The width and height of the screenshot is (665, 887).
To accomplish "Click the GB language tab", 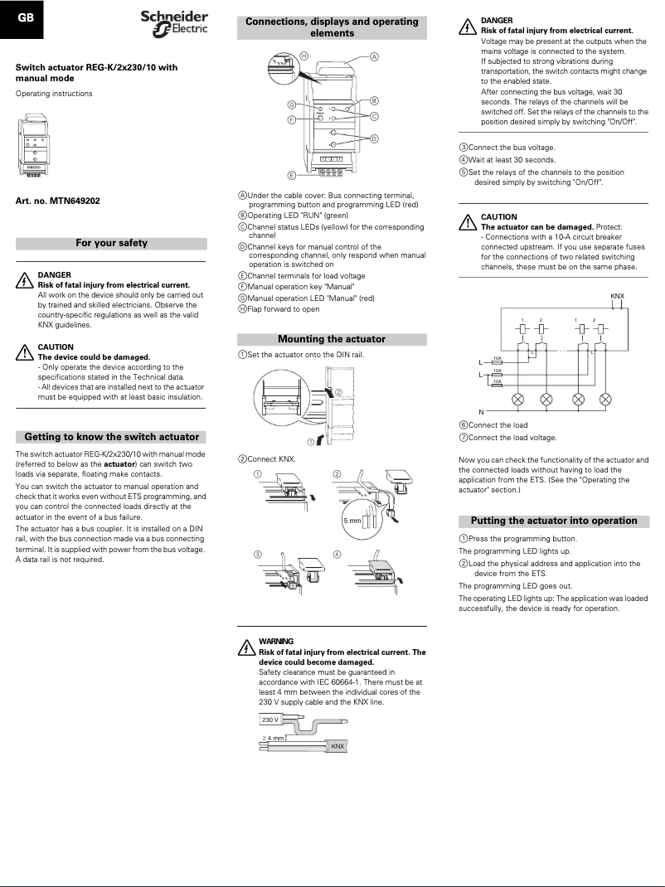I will [26, 18].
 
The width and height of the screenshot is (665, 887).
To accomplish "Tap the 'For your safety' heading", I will [111, 244].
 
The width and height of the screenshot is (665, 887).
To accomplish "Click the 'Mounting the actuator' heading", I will [332, 339].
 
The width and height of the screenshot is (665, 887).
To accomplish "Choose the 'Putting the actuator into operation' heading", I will [554, 521].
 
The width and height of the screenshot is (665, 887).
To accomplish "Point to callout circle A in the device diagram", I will [374, 57].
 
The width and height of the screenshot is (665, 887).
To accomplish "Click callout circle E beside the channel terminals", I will [292, 176].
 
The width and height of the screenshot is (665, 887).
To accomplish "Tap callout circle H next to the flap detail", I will [304, 56].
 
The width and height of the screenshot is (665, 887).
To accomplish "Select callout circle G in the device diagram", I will [292, 105].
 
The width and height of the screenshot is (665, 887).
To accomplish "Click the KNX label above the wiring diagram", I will [617, 295].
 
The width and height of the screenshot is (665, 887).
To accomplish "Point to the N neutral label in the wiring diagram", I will [481, 411].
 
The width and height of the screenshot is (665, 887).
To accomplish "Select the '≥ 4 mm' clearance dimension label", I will [271, 737].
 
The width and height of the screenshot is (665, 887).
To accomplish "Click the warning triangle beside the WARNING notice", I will [245, 647].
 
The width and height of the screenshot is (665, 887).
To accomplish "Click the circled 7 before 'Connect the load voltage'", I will [464, 437].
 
